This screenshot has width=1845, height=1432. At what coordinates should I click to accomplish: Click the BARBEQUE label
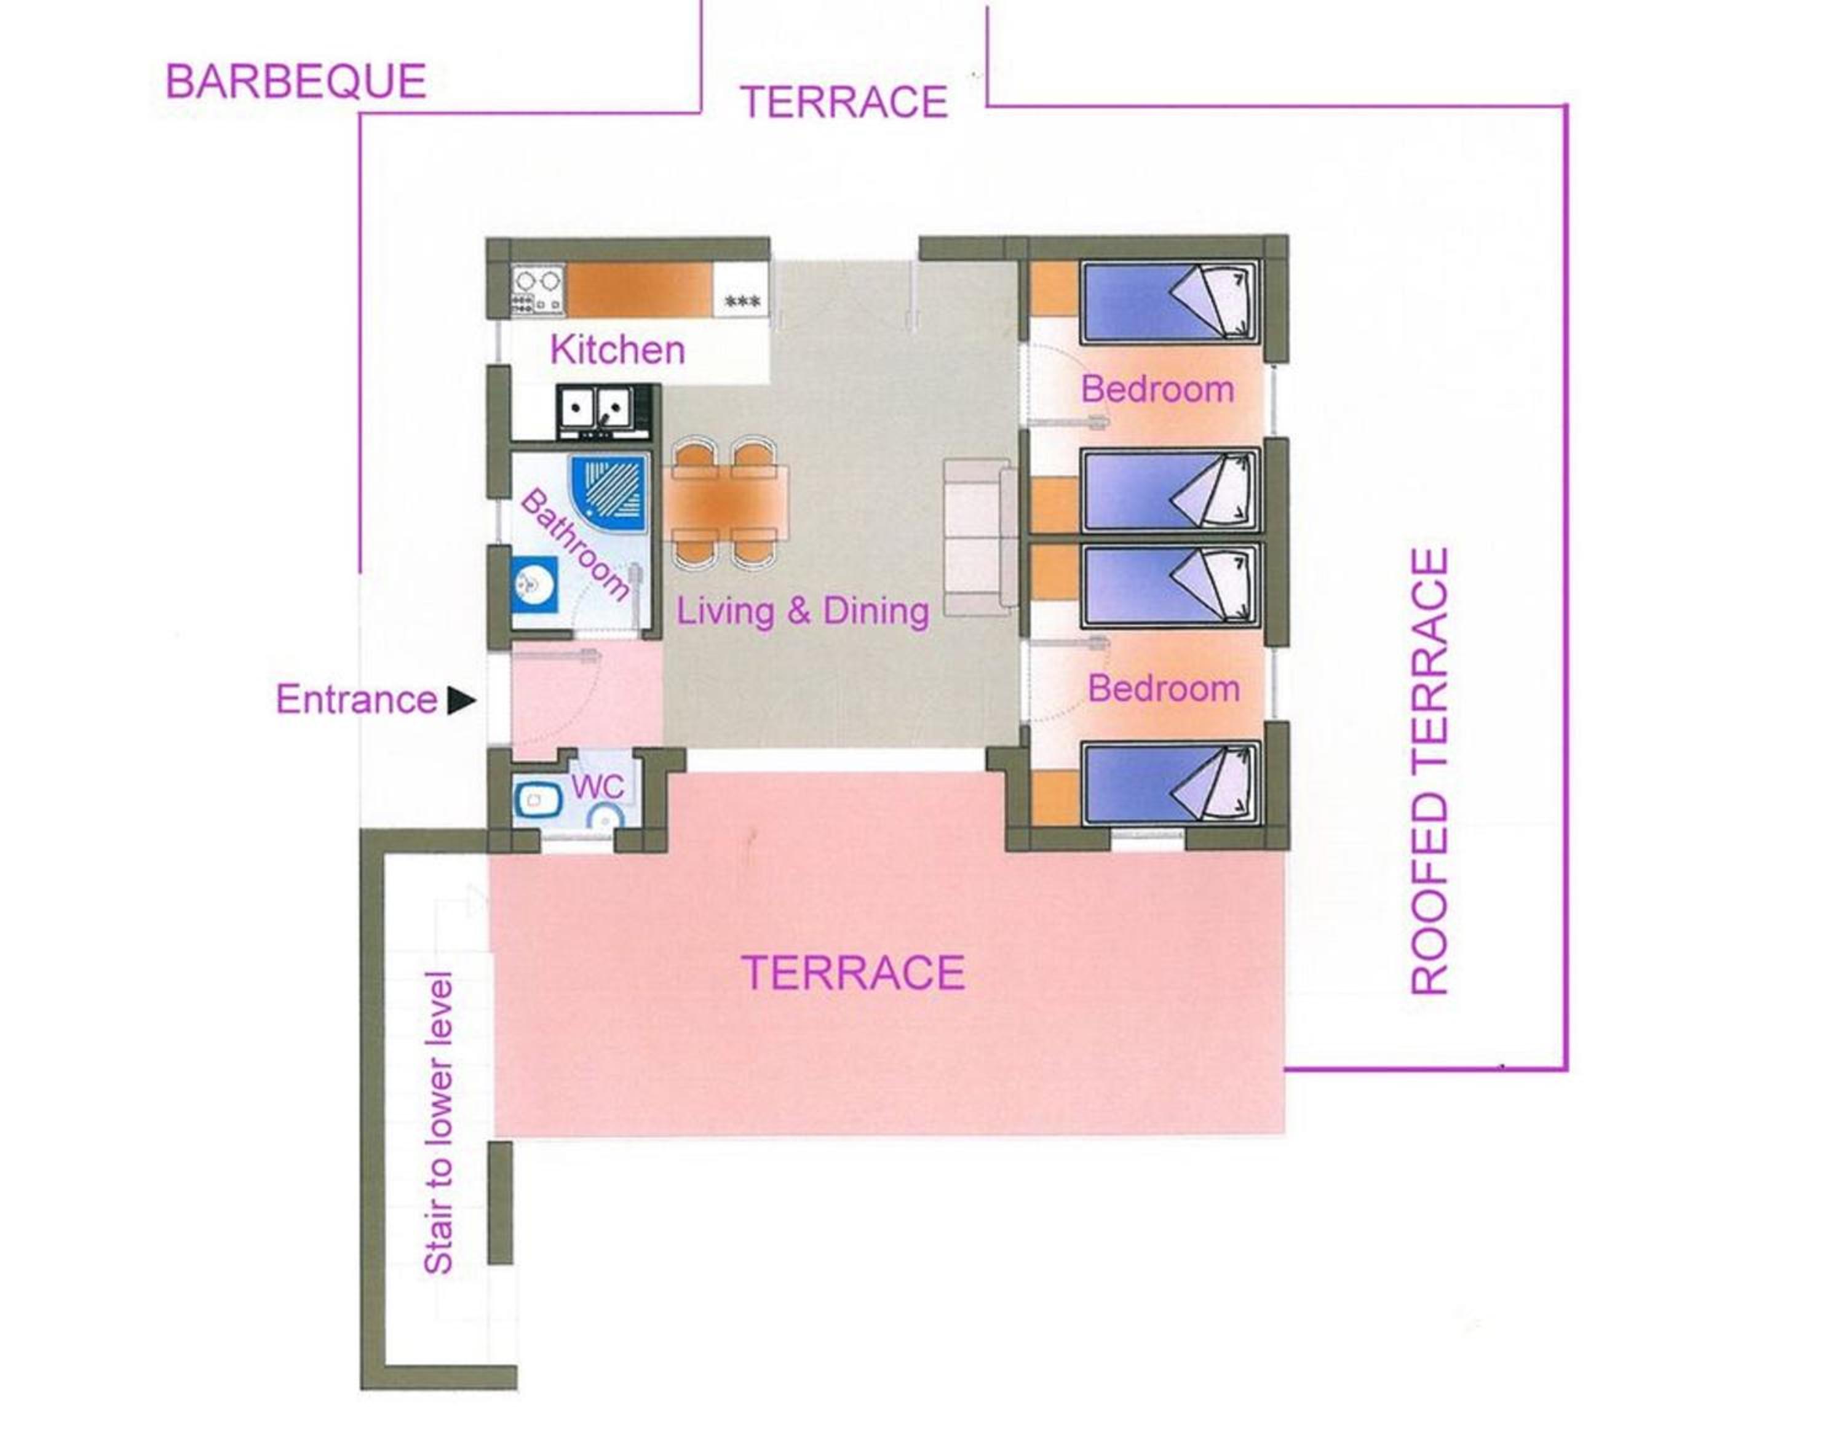(296, 82)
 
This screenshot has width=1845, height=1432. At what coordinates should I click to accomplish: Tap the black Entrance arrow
(461, 701)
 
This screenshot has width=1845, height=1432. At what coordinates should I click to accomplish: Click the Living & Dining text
(803, 611)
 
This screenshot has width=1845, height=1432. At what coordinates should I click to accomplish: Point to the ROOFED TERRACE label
(1430, 771)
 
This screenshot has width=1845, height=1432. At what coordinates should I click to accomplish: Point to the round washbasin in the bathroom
(534, 582)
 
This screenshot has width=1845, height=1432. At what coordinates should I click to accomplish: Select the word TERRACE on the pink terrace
(853, 973)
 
